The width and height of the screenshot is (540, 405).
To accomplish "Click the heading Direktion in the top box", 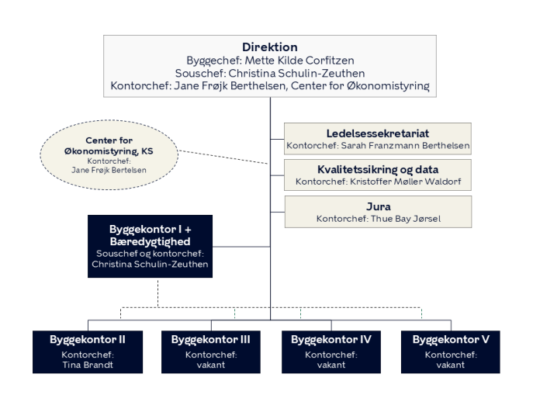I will point(270,47).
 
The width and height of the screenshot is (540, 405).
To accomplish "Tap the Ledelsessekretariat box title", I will point(377,133).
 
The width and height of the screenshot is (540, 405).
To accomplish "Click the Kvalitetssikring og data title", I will point(377,169).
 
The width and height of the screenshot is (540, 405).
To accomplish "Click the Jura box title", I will point(377,206).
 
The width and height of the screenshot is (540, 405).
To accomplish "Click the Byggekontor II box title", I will point(87,340).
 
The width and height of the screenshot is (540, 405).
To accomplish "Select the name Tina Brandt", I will point(87,365).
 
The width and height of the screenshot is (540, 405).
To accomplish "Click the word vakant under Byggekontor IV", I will point(331,365).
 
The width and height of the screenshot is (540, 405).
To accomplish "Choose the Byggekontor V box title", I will point(451,340).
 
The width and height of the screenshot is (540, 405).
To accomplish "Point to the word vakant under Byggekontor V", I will point(451,365).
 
